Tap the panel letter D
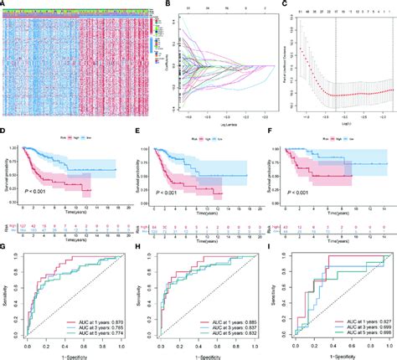tap(4, 131)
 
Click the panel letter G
tap(4, 248)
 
